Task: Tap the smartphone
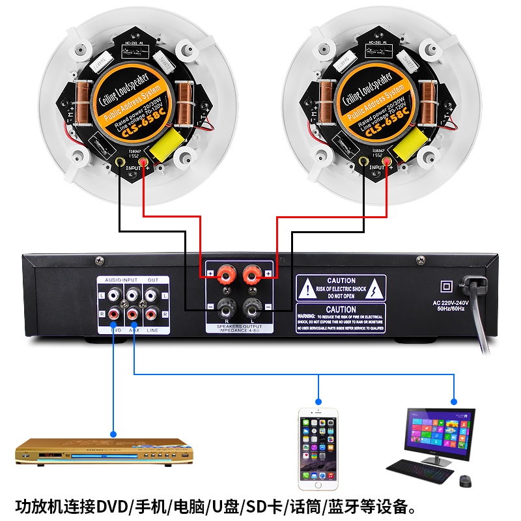318,449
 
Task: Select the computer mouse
465,481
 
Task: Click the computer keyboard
420,467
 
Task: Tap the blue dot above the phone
319,401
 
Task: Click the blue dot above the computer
453,401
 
